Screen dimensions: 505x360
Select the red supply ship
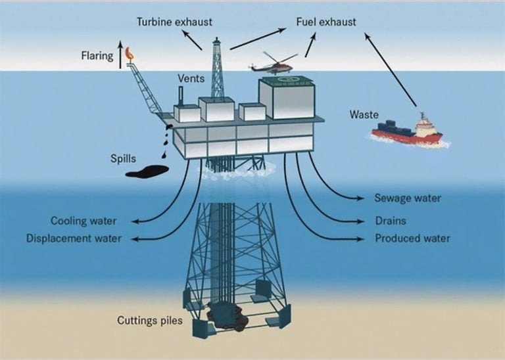point(409,131)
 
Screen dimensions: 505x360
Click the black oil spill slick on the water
point(147,171)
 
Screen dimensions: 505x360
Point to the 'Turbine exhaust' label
point(174,22)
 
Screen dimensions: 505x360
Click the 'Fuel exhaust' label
point(326,22)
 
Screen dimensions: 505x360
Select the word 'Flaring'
point(97,56)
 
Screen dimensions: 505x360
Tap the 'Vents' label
point(191,78)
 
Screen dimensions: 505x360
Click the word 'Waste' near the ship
point(364,114)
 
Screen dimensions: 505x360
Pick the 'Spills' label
point(123,158)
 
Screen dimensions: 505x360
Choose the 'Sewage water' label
point(408,198)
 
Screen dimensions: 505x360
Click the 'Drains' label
point(391,221)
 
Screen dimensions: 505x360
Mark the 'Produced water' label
point(412,238)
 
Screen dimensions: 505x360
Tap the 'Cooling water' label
point(84,221)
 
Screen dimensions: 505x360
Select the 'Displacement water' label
point(74,238)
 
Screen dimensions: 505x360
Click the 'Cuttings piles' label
point(150,321)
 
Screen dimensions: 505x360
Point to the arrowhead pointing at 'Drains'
point(361,221)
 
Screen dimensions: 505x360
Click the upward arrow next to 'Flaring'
point(120,55)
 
